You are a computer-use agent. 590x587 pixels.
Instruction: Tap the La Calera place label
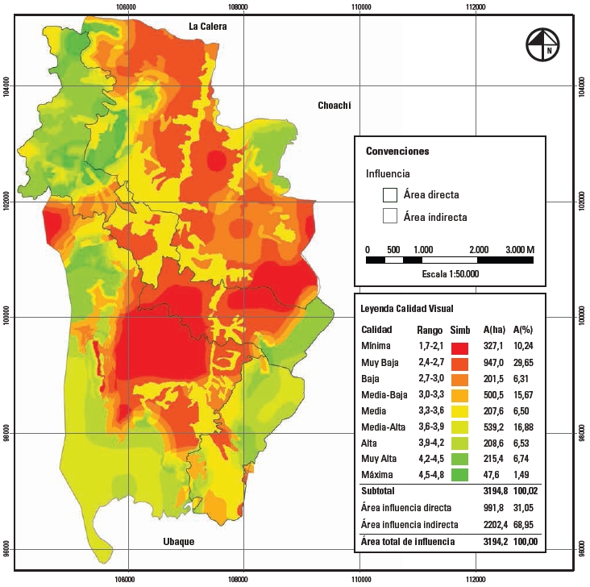tap(209, 27)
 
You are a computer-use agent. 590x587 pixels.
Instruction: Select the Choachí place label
tap(335, 106)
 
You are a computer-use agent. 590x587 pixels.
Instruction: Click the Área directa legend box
tap(391, 194)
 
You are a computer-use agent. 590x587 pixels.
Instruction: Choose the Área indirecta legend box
tap(391, 216)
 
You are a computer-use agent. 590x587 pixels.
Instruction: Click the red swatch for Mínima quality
tap(460, 348)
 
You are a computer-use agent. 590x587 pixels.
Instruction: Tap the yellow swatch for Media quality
tap(460, 411)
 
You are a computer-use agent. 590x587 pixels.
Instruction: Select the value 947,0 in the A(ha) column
tap(494, 364)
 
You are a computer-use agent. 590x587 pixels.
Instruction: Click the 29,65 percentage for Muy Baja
tap(525, 364)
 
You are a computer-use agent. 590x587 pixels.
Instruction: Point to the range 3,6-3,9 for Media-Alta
tap(429, 427)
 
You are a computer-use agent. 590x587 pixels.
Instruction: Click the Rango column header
tap(429, 330)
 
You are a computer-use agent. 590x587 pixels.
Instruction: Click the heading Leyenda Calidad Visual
tap(407, 309)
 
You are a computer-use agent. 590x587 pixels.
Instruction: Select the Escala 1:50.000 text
tap(450, 274)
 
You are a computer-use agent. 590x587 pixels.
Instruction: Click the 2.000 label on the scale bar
tap(479, 249)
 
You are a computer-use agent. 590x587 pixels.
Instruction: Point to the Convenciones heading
tap(397, 151)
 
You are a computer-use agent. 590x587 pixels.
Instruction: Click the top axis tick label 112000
tap(476, 7)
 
